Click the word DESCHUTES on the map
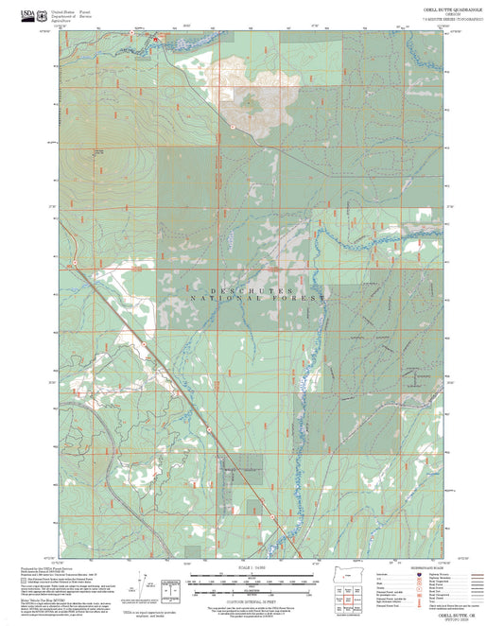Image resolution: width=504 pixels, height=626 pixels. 250,286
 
